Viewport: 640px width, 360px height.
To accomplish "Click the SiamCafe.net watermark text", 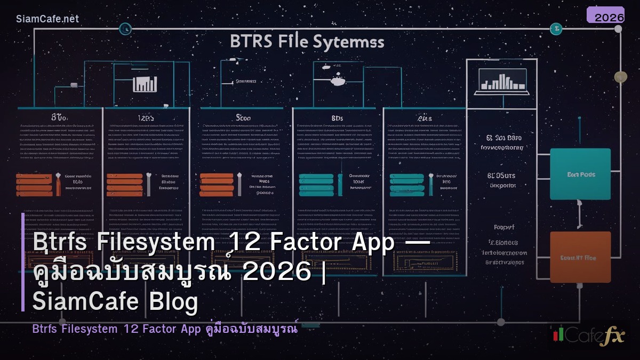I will click(x=47, y=19).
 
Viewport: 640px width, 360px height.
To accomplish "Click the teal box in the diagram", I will click(x=580, y=174).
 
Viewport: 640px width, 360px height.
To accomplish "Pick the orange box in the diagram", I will click(x=580, y=257).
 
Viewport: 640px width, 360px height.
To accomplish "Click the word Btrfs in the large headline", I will click(x=61, y=243).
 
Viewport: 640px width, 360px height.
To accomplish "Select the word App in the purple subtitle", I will click(x=189, y=329).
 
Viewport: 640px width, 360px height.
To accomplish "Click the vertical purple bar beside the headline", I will click(x=23, y=262).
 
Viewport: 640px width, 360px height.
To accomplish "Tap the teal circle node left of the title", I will click(x=125, y=28).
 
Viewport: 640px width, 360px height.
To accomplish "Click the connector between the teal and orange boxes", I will click(x=580, y=217).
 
